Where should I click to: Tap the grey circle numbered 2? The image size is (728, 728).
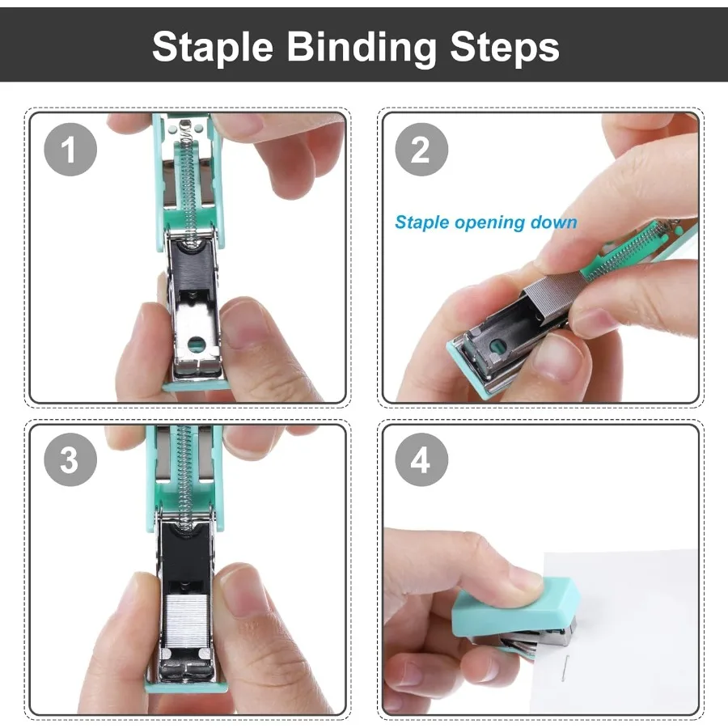click(x=421, y=150)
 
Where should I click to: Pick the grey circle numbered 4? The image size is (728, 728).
click(x=421, y=461)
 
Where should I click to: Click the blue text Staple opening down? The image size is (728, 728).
click(x=485, y=222)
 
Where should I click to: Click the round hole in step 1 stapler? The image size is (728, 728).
click(x=192, y=344)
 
